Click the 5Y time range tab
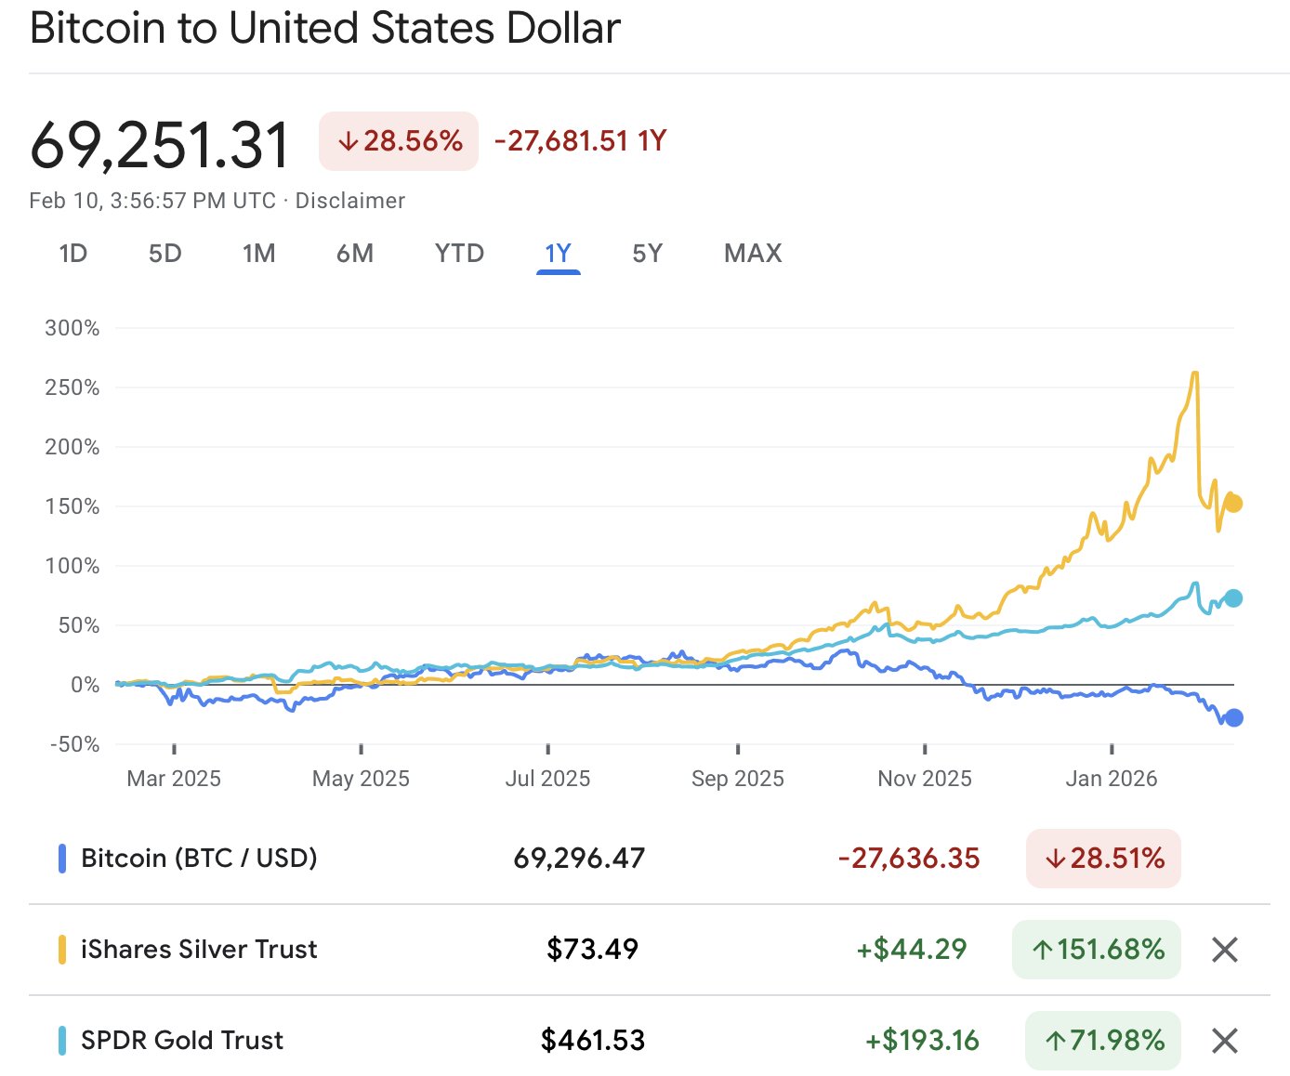pos(647,254)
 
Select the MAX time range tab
pos(753,254)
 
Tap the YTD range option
pos(459,254)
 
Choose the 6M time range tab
pos(355,254)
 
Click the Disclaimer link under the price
pos(350,201)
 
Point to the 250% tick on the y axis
pos(72,387)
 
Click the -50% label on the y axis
pos(74,744)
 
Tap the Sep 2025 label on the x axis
pos(737,779)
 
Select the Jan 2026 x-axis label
pos(1111,779)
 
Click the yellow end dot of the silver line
pos(1233,504)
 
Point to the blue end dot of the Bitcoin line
pos(1233,717)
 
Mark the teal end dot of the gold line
pos(1233,598)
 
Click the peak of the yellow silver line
pos(1194,374)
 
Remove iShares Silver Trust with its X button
pos(1225,950)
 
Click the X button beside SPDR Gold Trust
pos(1225,1041)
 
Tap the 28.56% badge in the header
pos(399,141)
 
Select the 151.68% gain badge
pos(1097,950)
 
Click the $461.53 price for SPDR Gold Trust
pos(593,1041)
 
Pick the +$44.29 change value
pos(911,950)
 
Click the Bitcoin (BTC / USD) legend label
pos(199,859)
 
